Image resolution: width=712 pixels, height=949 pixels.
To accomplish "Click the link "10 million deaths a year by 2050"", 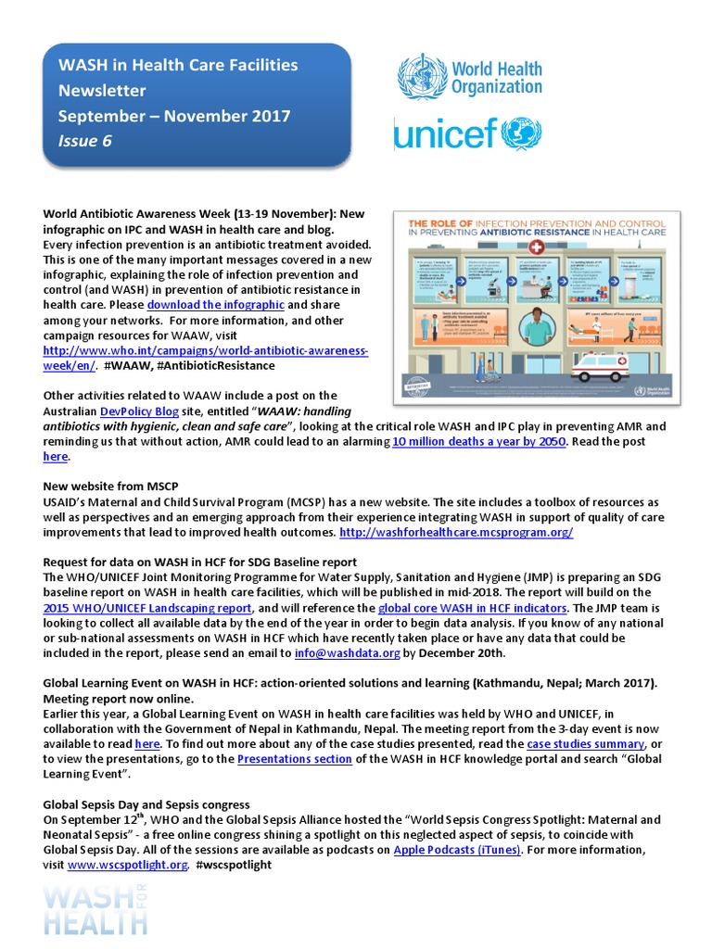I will point(473,441).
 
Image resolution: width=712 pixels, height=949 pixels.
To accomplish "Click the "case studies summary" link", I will point(585,743).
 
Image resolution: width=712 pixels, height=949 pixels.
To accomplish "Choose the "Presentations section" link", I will point(294,759).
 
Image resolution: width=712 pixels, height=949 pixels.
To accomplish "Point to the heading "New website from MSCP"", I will point(110,487).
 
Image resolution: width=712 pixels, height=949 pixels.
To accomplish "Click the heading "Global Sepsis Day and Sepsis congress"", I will point(146,803).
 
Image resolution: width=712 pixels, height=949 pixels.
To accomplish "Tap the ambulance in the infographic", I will point(600,368).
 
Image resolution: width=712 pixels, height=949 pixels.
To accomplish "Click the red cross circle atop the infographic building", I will point(536,250).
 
